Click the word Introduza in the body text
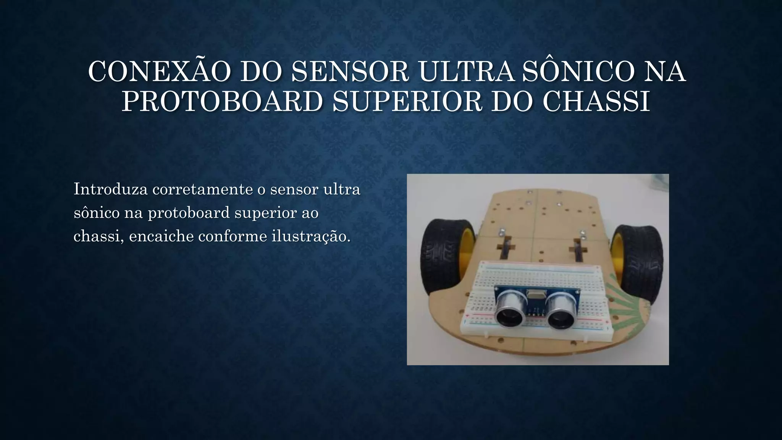click(x=110, y=189)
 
